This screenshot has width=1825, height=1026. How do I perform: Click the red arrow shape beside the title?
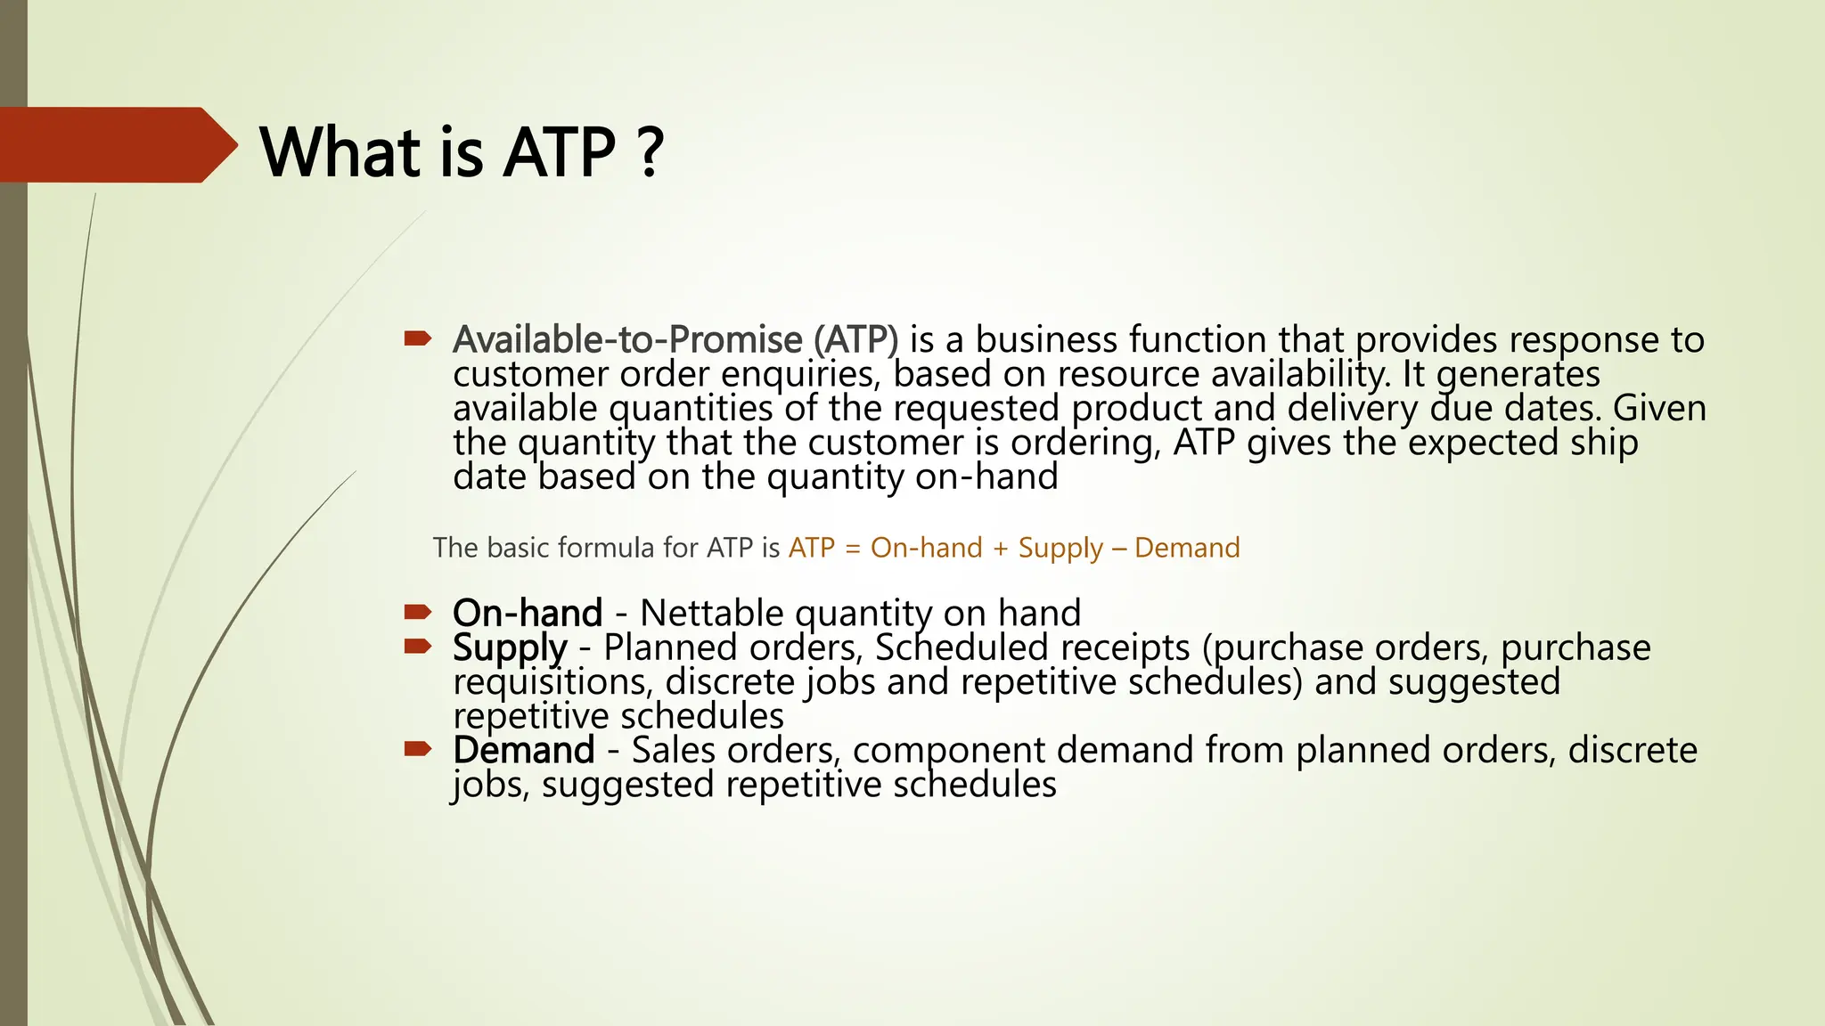point(116,145)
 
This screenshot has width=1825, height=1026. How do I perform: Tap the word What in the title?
point(340,152)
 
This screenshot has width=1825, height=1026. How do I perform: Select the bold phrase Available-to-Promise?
point(627,340)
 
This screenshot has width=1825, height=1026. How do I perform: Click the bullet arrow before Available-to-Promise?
point(417,338)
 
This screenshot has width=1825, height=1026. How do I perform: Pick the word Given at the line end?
point(1659,409)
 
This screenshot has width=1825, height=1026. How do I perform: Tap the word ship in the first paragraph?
point(1604,443)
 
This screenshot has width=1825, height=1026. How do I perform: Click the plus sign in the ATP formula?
point(1000,548)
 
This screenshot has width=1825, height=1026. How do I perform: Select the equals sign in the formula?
point(853,548)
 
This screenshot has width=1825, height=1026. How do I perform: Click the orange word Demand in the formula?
point(1187,548)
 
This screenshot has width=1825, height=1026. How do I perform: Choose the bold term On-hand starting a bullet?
point(528,614)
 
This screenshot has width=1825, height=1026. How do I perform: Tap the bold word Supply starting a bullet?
point(510,648)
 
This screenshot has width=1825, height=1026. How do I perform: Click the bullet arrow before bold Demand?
point(417,749)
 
